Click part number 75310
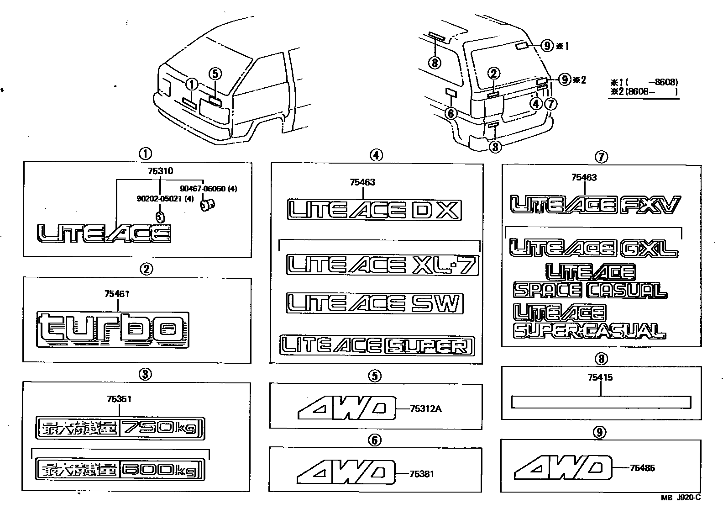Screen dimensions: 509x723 [x=160, y=171]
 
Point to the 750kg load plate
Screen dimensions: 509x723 [x=120, y=428]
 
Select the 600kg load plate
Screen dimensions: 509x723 [x=120, y=469]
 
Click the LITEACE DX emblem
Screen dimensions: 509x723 [x=374, y=210]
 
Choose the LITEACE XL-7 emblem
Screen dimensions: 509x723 [x=382, y=265]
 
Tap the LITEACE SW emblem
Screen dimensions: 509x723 [x=374, y=304]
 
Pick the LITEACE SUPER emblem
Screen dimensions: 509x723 [x=377, y=345]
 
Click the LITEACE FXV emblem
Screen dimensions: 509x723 [x=594, y=205]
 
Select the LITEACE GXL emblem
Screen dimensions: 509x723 [x=593, y=248]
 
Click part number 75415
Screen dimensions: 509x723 [x=600, y=377]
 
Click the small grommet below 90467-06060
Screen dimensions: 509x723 [x=207, y=206]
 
